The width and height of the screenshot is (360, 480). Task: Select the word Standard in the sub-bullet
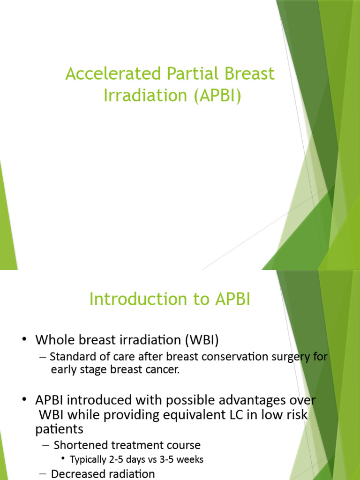[70, 357]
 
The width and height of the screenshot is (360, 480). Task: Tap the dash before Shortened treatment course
[43, 445]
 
